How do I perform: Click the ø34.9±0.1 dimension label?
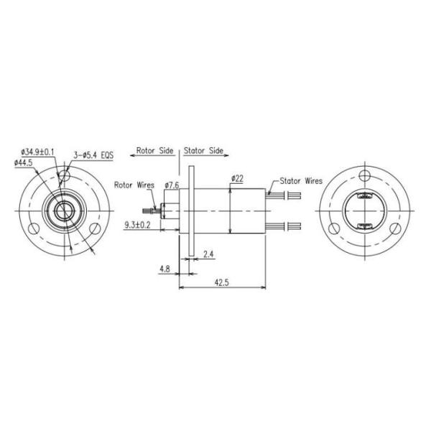coord(37,152)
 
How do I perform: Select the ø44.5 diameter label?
coord(24,163)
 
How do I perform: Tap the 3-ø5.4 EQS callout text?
coord(93,155)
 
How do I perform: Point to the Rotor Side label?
coord(154,151)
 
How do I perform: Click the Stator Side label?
coord(203,151)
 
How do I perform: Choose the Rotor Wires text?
coord(134,185)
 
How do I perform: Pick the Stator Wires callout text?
coord(301,181)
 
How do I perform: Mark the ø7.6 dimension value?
coord(172,185)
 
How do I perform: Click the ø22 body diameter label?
coord(237,179)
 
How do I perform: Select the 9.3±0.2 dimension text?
coord(137,226)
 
